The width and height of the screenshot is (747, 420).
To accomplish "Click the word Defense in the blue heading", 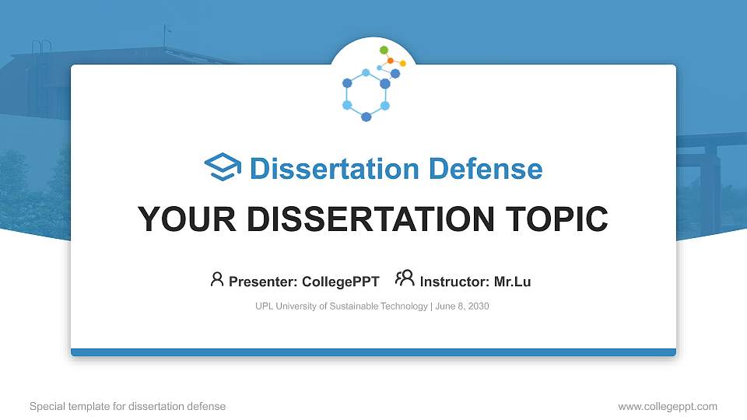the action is tap(486, 169).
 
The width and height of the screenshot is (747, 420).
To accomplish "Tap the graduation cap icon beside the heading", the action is tap(223, 166).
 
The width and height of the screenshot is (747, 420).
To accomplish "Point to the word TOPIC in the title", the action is tap(557, 219).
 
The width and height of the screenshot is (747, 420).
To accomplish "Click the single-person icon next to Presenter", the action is tap(217, 279).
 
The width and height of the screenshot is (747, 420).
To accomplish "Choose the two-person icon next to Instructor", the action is tap(405, 278).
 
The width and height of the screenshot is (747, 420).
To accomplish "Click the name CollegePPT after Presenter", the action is tap(341, 282).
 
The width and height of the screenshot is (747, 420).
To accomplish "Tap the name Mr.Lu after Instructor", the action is tap(512, 282).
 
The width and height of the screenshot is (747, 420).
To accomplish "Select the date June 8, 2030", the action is tap(462, 306).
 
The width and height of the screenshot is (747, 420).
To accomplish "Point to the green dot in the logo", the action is tap(384, 50).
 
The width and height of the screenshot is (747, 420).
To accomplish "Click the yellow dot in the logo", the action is tap(402, 63).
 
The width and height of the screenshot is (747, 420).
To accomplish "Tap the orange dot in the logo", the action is tap(390, 61).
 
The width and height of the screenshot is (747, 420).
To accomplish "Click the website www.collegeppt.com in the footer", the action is tap(668, 406).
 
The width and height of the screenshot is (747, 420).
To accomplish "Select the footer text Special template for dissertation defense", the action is tap(128, 406).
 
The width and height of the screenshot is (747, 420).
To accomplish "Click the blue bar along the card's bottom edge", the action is tap(373, 352).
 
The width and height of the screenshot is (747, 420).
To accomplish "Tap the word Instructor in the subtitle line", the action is tap(454, 282).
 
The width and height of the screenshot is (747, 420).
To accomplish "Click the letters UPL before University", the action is tap(265, 306).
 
